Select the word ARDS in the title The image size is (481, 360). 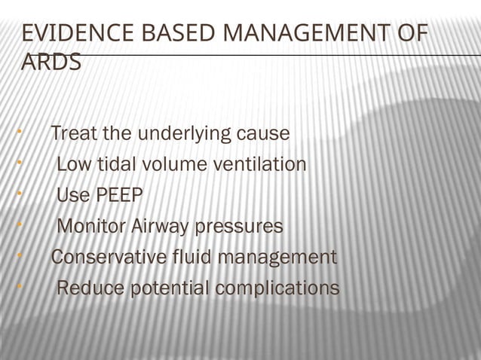[51, 63]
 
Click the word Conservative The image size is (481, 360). [109, 258]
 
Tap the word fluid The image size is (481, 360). [191, 258]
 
